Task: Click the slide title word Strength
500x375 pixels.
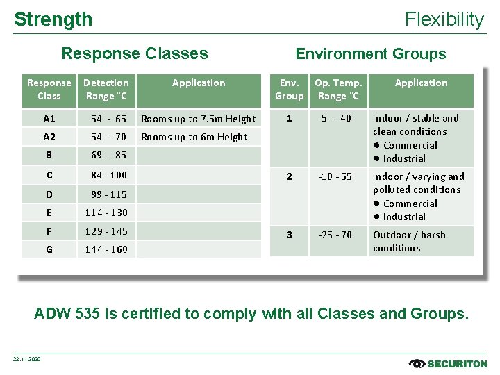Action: [53, 19]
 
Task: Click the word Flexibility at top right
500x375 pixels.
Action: [444, 19]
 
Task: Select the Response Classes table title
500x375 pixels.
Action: [135, 53]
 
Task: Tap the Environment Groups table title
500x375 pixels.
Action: [371, 53]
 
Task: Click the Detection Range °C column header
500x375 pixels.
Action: [106, 90]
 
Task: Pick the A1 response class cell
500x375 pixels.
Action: [49, 119]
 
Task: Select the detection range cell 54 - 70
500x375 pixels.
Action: [108, 137]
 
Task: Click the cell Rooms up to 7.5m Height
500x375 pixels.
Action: [199, 119]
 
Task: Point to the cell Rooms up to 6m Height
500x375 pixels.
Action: [194, 137]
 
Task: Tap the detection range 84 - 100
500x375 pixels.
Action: [108, 175]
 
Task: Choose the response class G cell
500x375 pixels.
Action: [49, 249]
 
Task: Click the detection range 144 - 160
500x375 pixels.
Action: [106, 249]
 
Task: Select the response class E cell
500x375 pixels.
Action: [49, 212]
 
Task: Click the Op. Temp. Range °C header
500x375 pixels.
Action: [338, 90]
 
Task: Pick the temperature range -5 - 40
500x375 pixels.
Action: [335, 118]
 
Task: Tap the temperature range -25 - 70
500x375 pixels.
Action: [335, 235]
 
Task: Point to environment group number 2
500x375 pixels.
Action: [289, 176]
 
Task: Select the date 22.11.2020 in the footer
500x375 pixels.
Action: [27, 359]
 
